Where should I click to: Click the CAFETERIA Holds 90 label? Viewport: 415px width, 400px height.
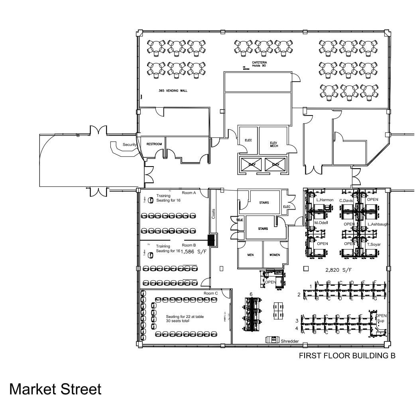(x=259, y=64)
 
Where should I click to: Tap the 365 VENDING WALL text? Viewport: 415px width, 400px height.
(x=173, y=90)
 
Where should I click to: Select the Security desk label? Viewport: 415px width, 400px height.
(x=130, y=145)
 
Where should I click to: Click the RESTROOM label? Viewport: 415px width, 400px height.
(x=154, y=144)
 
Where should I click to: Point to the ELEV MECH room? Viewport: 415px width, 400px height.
(x=273, y=144)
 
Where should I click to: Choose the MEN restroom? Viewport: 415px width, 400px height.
(x=250, y=255)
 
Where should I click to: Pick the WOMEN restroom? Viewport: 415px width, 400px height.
(x=275, y=255)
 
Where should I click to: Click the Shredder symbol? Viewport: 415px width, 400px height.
(x=274, y=340)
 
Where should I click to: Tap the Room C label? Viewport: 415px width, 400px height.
(x=210, y=293)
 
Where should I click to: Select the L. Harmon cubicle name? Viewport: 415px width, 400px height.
(x=325, y=200)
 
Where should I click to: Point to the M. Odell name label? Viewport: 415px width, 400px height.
(x=321, y=223)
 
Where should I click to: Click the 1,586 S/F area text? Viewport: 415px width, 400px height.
(x=192, y=251)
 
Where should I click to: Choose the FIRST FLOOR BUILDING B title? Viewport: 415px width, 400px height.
(x=347, y=356)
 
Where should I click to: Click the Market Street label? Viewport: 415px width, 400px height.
(x=55, y=388)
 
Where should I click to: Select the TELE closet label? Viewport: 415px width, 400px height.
(x=240, y=220)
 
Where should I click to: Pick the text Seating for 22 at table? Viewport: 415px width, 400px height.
(x=185, y=316)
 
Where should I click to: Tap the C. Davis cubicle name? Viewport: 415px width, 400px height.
(x=346, y=200)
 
